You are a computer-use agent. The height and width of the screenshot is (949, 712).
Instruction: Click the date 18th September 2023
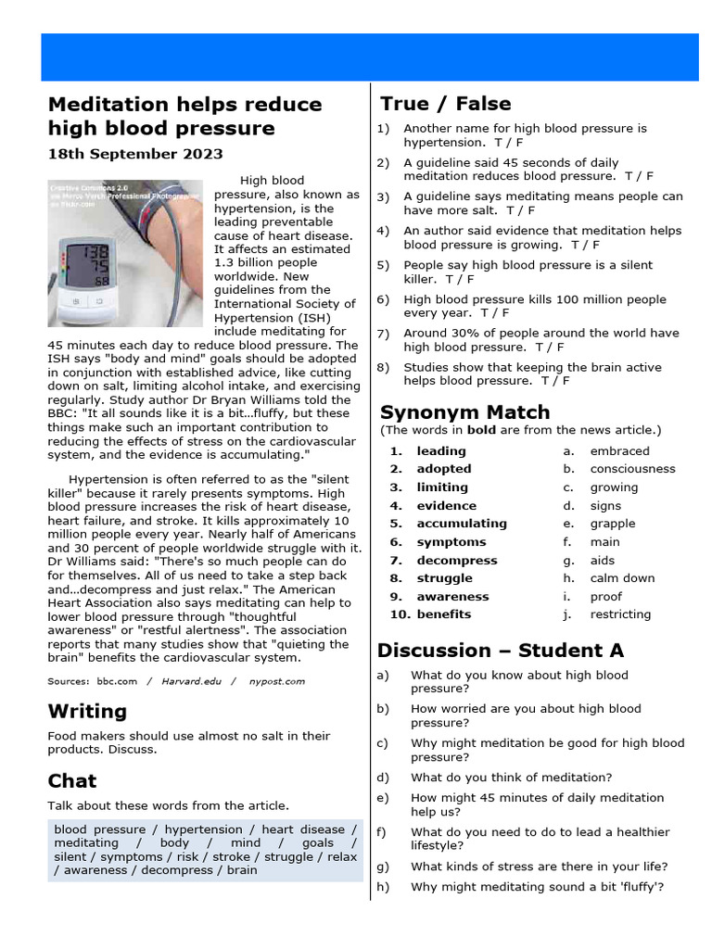tap(135, 154)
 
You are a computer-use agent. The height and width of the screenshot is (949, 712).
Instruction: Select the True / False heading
tap(445, 103)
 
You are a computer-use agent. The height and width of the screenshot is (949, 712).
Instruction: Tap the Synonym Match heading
tap(464, 411)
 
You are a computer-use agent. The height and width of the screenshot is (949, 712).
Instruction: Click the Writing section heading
tap(87, 711)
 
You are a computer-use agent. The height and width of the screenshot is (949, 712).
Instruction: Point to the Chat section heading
tap(72, 780)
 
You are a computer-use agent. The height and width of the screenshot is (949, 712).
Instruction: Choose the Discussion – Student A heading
tap(502, 650)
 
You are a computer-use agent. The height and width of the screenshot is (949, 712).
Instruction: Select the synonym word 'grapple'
tap(613, 524)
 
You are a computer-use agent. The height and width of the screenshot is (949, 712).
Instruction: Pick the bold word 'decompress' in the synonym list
tap(456, 560)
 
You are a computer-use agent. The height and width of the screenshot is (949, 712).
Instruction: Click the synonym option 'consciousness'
tap(632, 469)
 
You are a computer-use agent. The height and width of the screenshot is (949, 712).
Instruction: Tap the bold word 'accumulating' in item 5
tap(462, 524)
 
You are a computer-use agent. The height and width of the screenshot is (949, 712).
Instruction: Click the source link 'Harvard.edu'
tap(194, 681)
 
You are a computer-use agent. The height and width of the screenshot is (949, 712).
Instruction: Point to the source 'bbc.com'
tap(116, 681)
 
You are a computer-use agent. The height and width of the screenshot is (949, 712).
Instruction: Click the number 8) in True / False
tap(383, 367)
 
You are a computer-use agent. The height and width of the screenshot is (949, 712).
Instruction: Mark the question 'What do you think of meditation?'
tap(511, 778)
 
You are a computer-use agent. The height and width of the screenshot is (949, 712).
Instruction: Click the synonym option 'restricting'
tap(620, 614)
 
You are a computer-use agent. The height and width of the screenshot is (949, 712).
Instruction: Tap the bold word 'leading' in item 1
tap(441, 451)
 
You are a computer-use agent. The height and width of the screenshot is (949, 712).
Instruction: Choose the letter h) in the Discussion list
tap(383, 887)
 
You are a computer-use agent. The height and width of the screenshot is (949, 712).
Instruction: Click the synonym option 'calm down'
tap(622, 578)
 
